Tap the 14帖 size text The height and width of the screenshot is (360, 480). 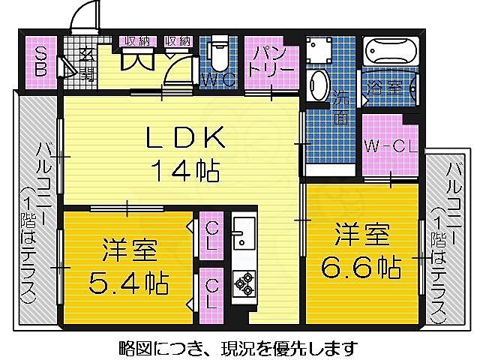pos(185,171)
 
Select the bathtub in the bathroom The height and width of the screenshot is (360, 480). pos(389,52)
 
